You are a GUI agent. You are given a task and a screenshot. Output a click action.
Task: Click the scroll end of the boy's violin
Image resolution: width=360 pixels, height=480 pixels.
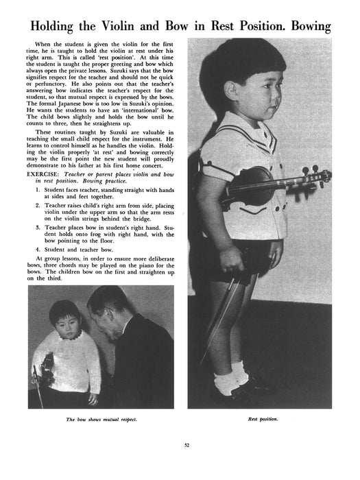coord(322,177)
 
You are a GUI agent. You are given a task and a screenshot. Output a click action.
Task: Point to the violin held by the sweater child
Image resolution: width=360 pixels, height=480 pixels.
coord(46,370)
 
